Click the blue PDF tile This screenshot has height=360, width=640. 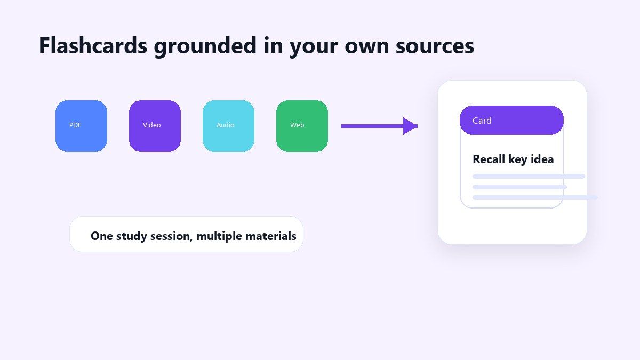click(81, 126)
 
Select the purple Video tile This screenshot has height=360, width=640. click(155, 126)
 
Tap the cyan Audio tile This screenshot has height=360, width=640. click(228, 126)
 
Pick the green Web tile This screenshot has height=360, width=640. click(302, 126)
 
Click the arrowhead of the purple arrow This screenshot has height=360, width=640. click(410, 126)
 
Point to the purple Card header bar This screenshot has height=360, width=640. click(511, 121)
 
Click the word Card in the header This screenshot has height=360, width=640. click(482, 121)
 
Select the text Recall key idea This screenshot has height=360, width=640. click(513, 159)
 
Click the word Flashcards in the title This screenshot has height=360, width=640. click(93, 46)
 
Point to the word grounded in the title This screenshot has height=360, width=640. click(205, 47)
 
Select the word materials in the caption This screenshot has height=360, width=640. click(271, 236)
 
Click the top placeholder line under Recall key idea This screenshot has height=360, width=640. click(529, 177)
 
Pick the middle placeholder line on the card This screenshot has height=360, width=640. click(519, 187)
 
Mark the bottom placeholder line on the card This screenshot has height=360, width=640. click(535, 197)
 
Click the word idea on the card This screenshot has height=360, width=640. click(542, 159)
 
